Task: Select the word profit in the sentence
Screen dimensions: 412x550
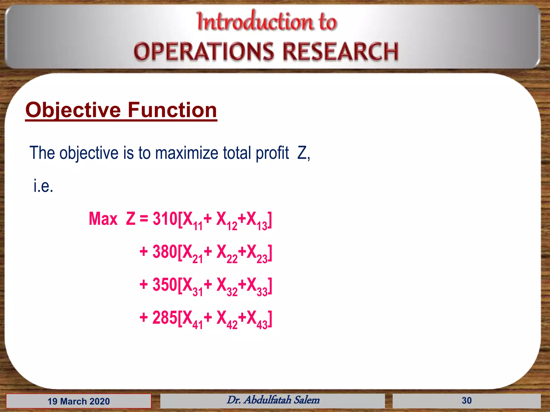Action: point(272,153)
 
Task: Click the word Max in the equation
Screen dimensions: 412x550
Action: point(103,219)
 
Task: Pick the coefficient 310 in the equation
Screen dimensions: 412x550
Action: point(165,219)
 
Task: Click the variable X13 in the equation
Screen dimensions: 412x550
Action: point(256,220)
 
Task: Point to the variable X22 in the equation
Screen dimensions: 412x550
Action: point(226,253)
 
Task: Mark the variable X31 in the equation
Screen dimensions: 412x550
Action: point(192,286)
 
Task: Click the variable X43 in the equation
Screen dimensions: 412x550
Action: point(256,319)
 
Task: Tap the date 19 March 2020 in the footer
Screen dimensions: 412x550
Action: point(78,401)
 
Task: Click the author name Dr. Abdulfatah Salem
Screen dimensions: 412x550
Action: point(273,400)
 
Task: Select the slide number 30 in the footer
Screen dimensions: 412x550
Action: point(466,400)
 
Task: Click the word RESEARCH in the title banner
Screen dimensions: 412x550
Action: point(341,51)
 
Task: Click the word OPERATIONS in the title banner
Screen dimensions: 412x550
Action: point(204,51)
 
